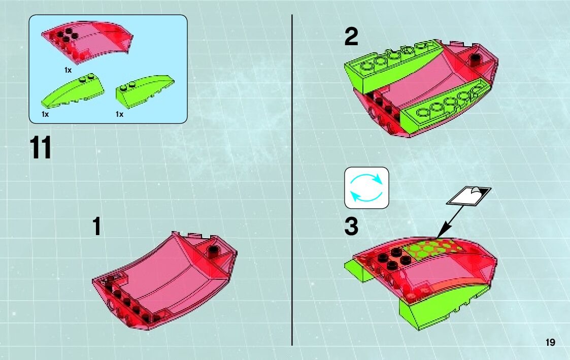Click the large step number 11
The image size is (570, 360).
click(x=40, y=147)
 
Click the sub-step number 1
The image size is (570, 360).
click(x=97, y=226)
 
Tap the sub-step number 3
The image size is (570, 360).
click(x=351, y=226)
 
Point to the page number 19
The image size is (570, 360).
click(x=550, y=342)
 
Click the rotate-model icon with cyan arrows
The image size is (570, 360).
click(x=366, y=188)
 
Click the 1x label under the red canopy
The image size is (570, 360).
click(x=68, y=70)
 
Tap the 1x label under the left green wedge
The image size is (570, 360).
click(x=45, y=114)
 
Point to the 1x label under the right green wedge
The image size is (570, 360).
click(x=119, y=114)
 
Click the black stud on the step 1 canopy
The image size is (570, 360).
click(x=213, y=251)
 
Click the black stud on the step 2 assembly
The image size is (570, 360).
click(x=475, y=59)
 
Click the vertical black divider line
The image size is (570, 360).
click(x=292, y=180)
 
